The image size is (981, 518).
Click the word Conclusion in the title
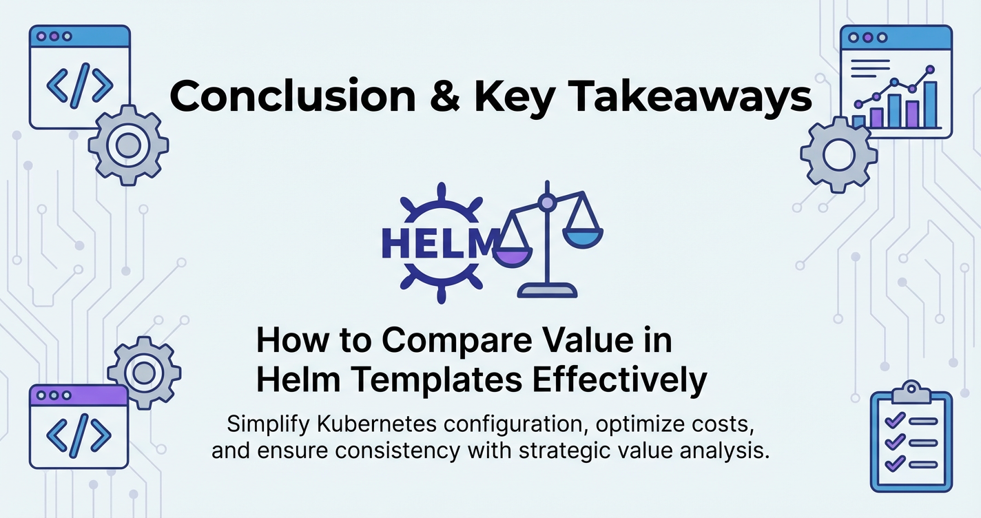point(292,96)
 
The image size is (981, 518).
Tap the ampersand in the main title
point(445,96)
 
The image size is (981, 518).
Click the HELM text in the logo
point(440,242)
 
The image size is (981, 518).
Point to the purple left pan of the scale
point(513,258)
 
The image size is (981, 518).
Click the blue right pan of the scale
point(583,238)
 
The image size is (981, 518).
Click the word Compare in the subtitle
point(457,342)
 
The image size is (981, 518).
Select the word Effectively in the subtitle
point(620,381)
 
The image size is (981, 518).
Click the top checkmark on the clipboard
point(895,421)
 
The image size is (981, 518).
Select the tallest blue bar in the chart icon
point(930,104)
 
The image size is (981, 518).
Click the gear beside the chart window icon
point(838,154)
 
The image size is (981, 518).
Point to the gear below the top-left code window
point(128,145)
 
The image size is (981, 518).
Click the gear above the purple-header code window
point(144,373)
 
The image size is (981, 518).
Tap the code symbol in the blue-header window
point(80,85)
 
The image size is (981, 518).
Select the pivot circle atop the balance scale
point(547,203)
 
